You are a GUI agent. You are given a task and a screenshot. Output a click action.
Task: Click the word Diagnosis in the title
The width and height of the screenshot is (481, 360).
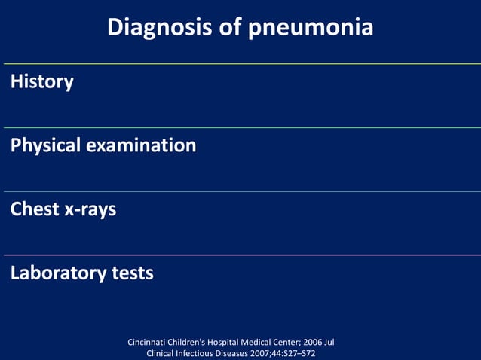coord(157,28)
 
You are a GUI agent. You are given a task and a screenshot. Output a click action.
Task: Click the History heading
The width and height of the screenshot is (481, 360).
coord(42,81)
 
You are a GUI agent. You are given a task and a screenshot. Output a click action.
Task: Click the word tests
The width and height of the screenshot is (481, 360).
coord(133,273)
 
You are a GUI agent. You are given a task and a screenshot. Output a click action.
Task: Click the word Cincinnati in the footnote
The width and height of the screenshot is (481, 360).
coord(150,343)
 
